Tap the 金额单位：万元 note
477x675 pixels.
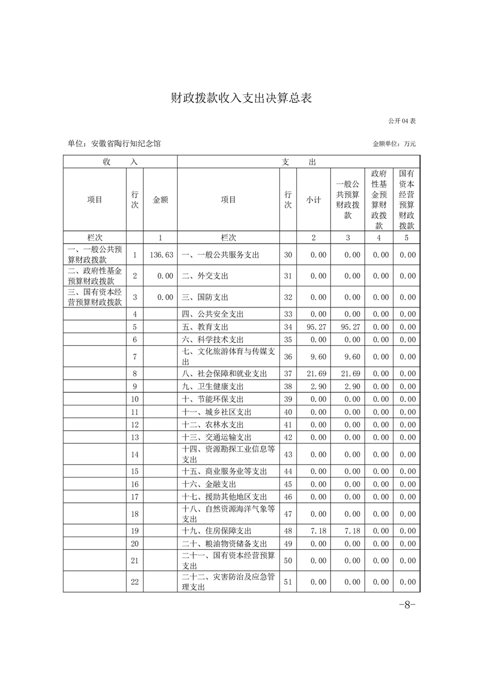394,144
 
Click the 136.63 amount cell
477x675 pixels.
161,255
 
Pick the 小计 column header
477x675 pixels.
314,200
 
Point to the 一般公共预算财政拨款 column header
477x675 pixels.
347,200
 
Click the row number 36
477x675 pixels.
288,357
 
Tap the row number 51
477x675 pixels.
288,582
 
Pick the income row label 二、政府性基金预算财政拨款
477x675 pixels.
95,276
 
